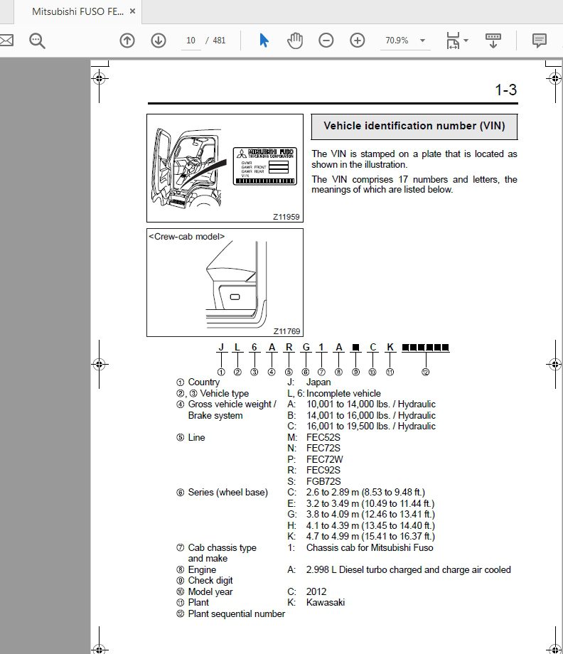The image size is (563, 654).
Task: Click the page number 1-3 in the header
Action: pyautogui.click(x=505, y=90)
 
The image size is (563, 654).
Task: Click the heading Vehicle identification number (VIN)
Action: pyautogui.click(x=414, y=127)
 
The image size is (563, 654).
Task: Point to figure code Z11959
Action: pyautogui.click(x=286, y=216)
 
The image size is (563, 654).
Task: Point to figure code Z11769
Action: pyautogui.click(x=286, y=331)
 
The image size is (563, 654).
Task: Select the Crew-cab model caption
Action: pyautogui.click(x=187, y=236)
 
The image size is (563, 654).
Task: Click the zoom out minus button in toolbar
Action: pyautogui.click(x=326, y=41)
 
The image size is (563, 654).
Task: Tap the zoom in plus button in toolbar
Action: pyautogui.click(x=358, y=41)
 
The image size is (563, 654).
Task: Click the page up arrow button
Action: pyautogui.click(x=127, y=41)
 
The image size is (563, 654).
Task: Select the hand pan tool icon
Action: pyautogui.click(x=295, y=41)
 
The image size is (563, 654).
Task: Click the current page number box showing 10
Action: pyautogui.click(x=191, y=41)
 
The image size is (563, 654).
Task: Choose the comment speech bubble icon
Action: pyautogui.click(x=540, y=41)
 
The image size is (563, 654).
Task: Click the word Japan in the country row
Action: pyautogui.click(x=318, y=382)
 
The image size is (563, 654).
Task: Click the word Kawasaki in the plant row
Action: pyautogui.click(x=326, y=603)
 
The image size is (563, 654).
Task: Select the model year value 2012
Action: pyautogui.click(x=316, y=591)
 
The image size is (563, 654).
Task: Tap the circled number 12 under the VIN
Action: pyautogui.click(x=425, y=371)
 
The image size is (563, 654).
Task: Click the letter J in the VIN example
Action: pyautogui.click(x=221, y=348)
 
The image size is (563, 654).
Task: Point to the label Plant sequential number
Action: pyautogui.click(x=236, y=613)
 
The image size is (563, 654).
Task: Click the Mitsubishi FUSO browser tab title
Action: pyautogui.click(x=77, y=12)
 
